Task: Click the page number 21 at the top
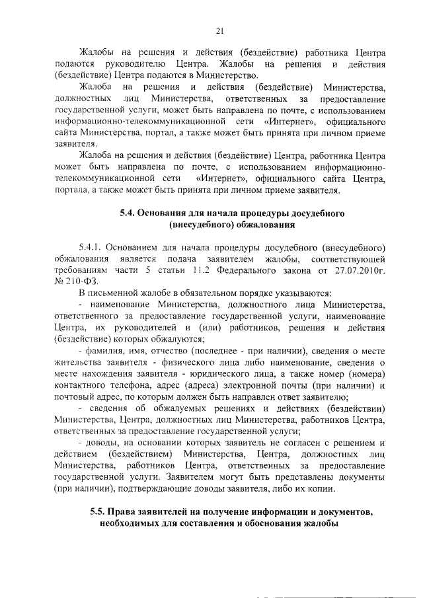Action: click(220, 29)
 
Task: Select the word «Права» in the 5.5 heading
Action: click(124, 512)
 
